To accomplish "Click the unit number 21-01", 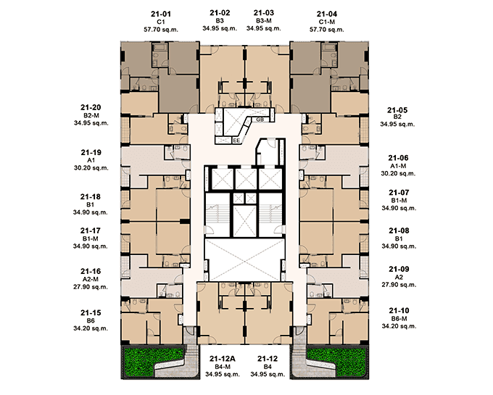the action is point(161,14).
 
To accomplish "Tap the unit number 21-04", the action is point(327,14).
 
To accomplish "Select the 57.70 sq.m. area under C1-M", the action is point(327,30).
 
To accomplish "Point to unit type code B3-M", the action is point(263,21).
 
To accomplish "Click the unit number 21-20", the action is point(91,107).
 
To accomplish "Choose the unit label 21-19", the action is point(91,152).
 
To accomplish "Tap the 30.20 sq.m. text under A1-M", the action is point(398,173).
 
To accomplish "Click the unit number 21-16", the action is point(91,271).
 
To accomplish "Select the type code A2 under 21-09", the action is point(399,277).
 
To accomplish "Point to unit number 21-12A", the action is point(223,359).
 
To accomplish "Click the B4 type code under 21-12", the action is point(268,367).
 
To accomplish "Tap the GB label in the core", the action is point(260,120).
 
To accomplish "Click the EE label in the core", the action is point(236,141).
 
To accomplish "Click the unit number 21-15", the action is point(91,312).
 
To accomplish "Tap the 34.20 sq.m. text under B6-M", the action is point(399,326).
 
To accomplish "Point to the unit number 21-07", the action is point(399,192).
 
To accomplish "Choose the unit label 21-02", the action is point(220,13).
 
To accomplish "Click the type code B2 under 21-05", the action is point(397,117).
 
